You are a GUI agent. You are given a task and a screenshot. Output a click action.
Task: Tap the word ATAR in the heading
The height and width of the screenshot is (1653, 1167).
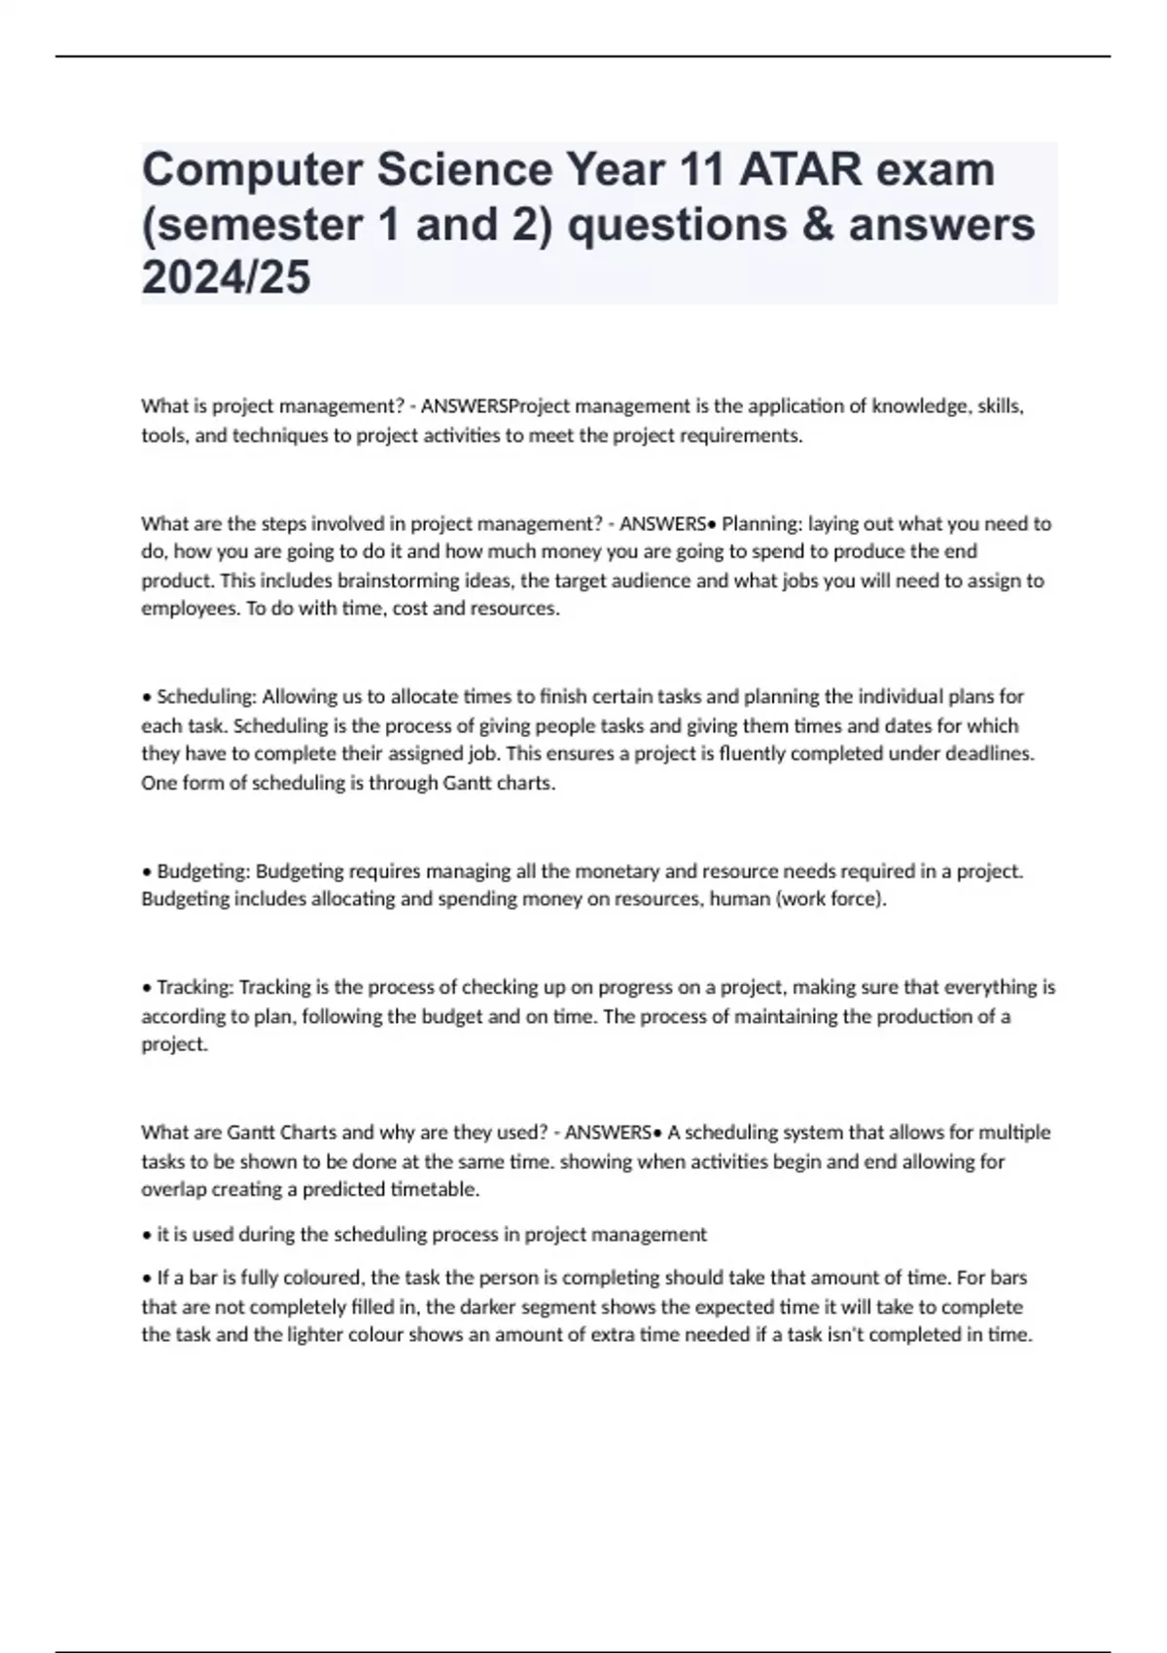point(797,171)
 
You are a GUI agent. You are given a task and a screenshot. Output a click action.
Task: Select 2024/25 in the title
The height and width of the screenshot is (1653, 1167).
point(226,278)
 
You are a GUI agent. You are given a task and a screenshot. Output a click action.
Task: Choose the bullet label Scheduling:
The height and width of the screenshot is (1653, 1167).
point(206,697)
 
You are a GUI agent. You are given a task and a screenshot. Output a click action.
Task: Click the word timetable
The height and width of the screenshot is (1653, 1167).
point(435,1189)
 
